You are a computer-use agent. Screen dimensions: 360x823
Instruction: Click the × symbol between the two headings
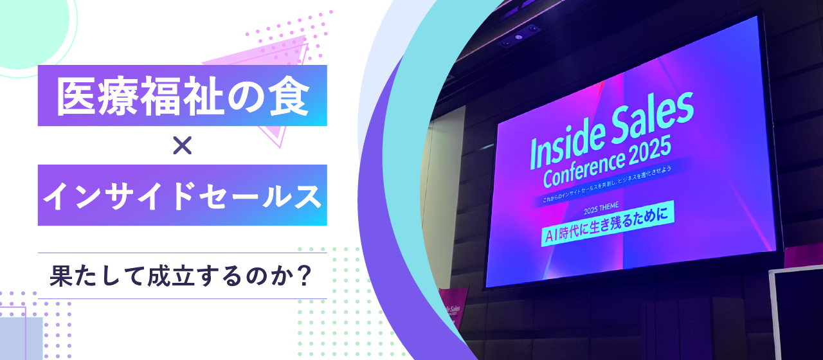tap(183, 147)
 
